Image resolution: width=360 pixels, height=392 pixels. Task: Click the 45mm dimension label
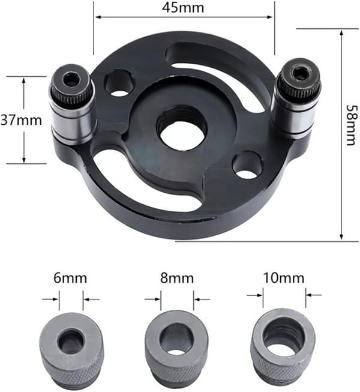[183, 7]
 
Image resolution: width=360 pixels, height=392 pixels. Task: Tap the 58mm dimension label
[352, 125]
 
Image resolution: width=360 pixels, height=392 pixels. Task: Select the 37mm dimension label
[21, 120]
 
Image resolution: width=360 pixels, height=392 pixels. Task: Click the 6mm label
[70, 278]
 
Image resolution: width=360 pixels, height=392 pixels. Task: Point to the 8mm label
[177, 278]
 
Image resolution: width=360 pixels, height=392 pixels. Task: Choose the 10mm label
[284, 278]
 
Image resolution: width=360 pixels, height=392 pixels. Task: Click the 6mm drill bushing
[71, 351]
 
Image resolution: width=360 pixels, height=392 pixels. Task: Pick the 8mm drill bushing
[176, 350]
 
